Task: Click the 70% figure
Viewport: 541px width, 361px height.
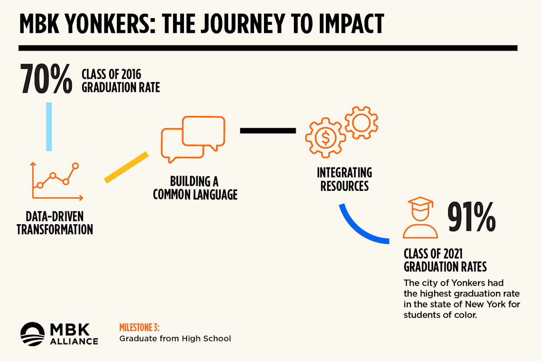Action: tap(46, 79)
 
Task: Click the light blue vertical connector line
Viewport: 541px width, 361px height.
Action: tap(49, 127)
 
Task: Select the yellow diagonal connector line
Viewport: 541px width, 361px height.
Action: tap(126, 167)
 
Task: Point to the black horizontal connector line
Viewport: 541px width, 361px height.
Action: tap(268, 130)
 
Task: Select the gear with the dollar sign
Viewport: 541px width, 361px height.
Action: tap(325, 138)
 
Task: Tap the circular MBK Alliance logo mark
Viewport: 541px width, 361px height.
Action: tap(32, 334)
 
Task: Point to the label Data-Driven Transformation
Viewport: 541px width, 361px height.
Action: tap(55, 223)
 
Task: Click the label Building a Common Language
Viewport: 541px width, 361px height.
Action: tap(195, 188)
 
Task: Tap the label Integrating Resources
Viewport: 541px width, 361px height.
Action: tap(345, 179)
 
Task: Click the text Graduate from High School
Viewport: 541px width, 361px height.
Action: tap(175, 338)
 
